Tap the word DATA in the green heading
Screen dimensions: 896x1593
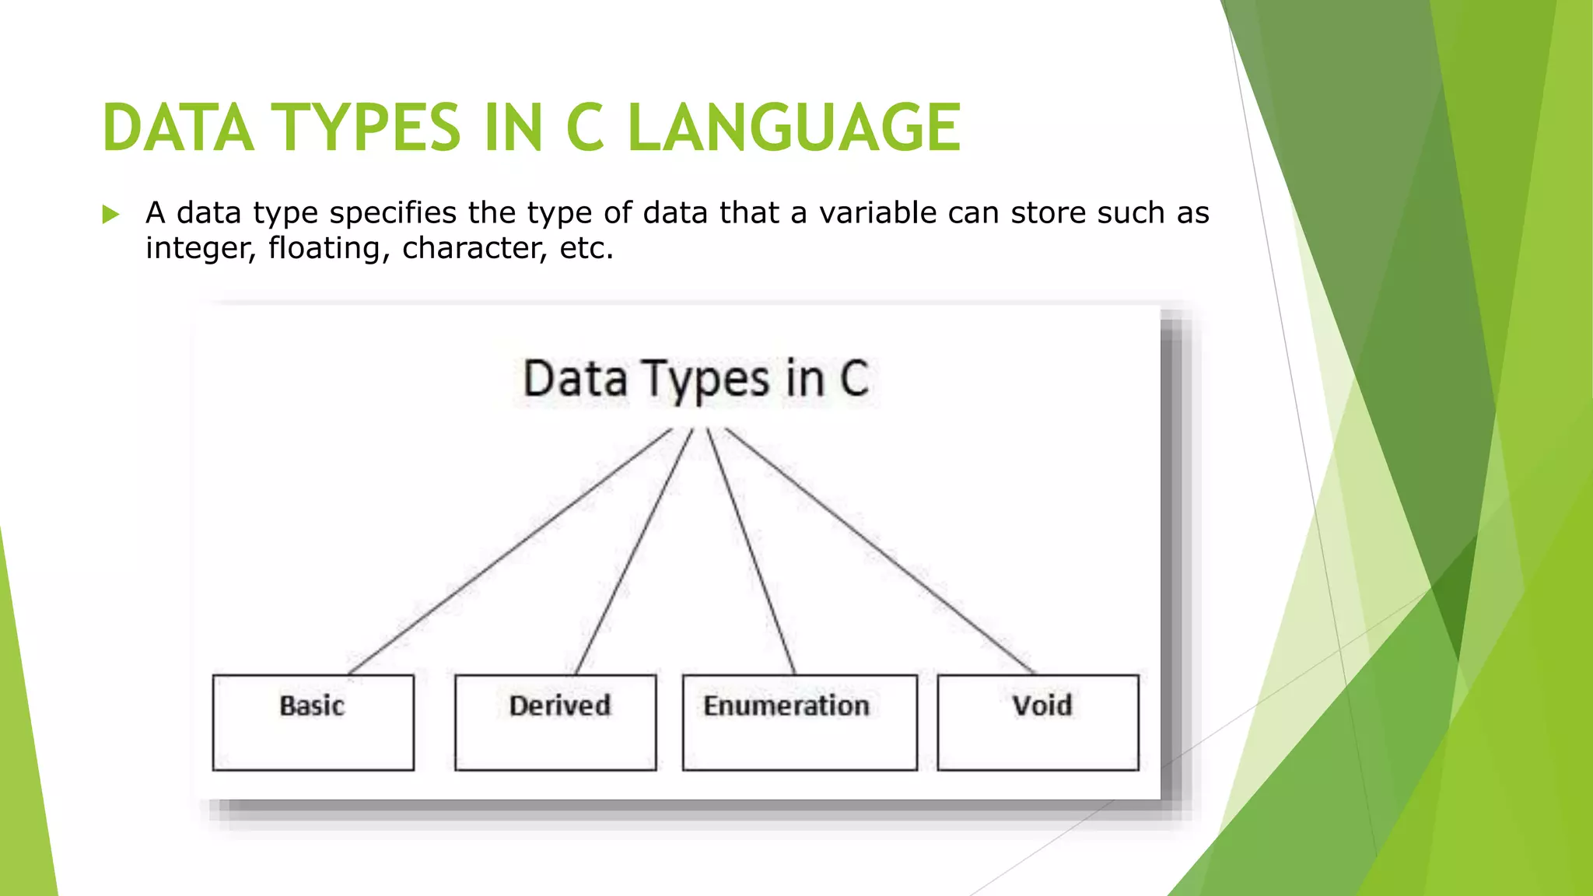pyautogui.click(x=178, y=128)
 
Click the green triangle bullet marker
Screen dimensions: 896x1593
pyautogui.click(x=110, y=214)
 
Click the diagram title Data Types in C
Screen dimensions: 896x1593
pyautogui.click(x=695, y=380)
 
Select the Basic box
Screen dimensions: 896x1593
pyautogui.click(x=313, y=723)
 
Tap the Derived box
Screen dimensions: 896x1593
pyautogui.click(x=555, y=723)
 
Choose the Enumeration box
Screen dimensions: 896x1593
pyautogui.click(x=799, y=723)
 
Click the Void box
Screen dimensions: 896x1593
pyautogui.click(x=1038, y=723)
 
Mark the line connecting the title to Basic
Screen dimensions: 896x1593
pyautogui.click(x=509, y=551)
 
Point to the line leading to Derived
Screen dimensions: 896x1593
pyautogui.click(x=634, y=551)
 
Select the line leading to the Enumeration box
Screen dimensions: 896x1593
pyautogui.click(x=751, y=551)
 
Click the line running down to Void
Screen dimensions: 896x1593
pyautogui.click(x=879, y=551)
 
